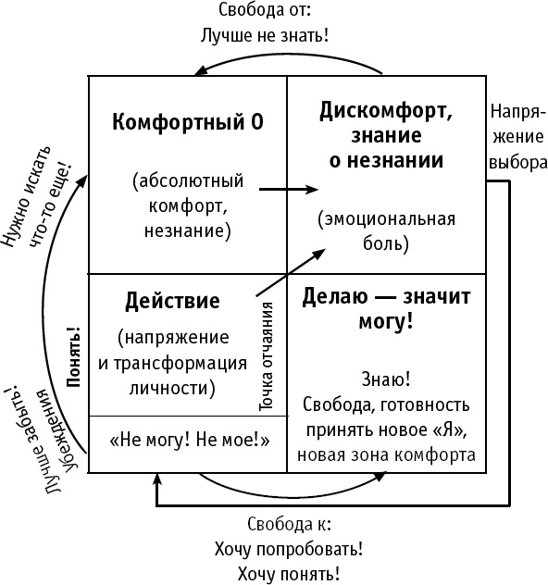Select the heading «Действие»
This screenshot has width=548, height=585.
(x=171, y=302)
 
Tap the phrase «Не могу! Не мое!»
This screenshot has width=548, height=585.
(x=189, y=442)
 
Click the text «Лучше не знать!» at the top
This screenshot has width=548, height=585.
(x=265, y=37)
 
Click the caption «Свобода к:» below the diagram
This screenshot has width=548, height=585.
(x=286, y=525)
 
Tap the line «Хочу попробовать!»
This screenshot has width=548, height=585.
(x=287, y=549)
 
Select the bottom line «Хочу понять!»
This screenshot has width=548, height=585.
(x=287, y=574)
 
